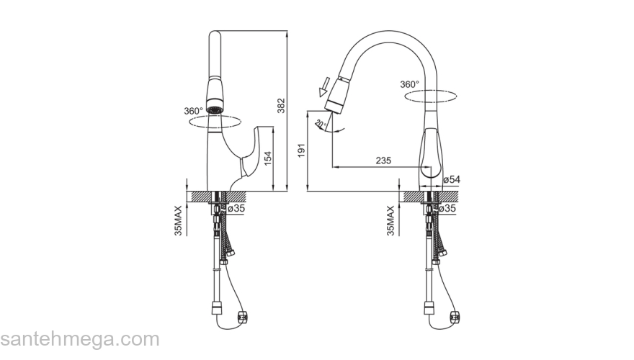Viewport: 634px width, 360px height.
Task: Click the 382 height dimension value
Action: (282, 106)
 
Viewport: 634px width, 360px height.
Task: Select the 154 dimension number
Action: (267, 158)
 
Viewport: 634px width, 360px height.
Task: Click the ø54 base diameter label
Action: (452, 179)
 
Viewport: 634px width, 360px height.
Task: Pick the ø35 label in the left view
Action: (236, 208)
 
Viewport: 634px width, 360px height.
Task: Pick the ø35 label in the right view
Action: (448, 208)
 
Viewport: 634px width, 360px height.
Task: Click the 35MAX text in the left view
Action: (178, 220)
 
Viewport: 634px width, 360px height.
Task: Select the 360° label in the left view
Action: (194, 111)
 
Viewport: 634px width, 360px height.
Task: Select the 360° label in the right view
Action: (410, 84)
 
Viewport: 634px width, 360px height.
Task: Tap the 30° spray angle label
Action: (320, 123)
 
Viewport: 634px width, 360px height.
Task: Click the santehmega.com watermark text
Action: (79, 340)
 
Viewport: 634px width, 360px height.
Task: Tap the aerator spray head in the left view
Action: (215, 97)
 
